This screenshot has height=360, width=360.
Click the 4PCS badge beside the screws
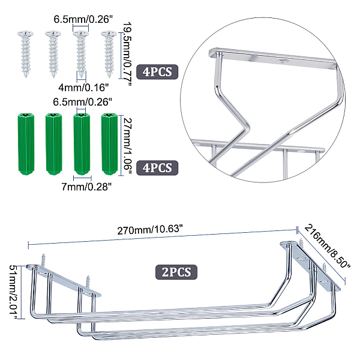pos(157,72)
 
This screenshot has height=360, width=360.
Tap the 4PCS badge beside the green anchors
pos(157,168)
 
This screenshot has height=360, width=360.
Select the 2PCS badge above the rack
pos(176,272)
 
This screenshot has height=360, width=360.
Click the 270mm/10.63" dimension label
pos(150,230)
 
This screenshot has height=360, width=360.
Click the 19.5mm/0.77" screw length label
pos(127,54)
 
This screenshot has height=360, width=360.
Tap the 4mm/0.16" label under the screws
pos(83,88)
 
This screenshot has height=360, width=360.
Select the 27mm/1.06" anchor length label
pos(128,146)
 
